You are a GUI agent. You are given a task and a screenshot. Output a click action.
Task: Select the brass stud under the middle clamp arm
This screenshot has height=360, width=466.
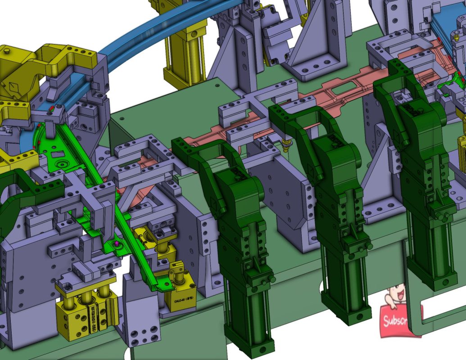[x=286, y=144]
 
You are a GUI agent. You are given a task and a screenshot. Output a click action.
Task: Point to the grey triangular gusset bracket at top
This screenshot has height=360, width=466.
[x=315, y=45]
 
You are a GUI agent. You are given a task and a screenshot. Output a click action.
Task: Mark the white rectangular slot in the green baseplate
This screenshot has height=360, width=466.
[x=443, y=310]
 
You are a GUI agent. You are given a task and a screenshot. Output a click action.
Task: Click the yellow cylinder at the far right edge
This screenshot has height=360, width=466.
[x=461, y=148]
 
